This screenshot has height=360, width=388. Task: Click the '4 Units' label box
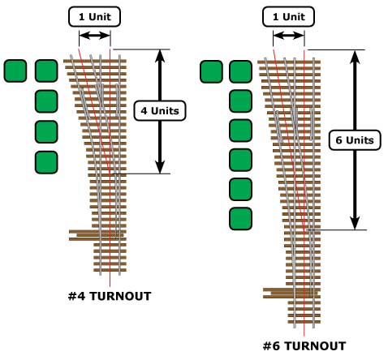click(x=160, y=110)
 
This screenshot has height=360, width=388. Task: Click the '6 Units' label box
click(x=355, y=140)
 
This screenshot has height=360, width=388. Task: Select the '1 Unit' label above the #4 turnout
click(x=94, y=17)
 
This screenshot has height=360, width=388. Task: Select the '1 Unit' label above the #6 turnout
click(x=288, y=17)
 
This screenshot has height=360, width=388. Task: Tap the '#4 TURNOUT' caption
click(x=110, y=296)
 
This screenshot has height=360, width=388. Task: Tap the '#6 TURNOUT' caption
click(x=304, y=346)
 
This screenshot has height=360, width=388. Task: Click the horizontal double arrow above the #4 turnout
click(x=95, y=36)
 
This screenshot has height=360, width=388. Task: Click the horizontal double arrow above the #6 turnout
click(x=289, y=36)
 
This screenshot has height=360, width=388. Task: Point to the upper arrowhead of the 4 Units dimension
click(x=160, y=55)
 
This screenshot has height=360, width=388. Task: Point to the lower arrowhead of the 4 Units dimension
click(x=160, y=167)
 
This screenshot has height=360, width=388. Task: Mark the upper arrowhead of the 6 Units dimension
click(x=355, y=56)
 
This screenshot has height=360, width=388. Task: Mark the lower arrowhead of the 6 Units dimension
click(x=355, y=223)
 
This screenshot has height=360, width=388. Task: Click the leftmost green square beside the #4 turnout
click(x=15, y=71)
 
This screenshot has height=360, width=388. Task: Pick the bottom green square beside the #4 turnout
click(x=46, y=162)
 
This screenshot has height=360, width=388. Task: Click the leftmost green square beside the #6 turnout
click(x=211, y=71)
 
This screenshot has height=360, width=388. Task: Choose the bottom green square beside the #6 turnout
click(x=240, y=219)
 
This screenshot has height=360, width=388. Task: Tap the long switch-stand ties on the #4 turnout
click(x=97, y=235)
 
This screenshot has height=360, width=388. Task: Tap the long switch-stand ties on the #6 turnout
click(x=291, y=293)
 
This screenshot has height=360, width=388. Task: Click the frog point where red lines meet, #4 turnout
click(x=110, y=172)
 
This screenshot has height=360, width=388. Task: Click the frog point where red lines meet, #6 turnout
click(x=304, y=229)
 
